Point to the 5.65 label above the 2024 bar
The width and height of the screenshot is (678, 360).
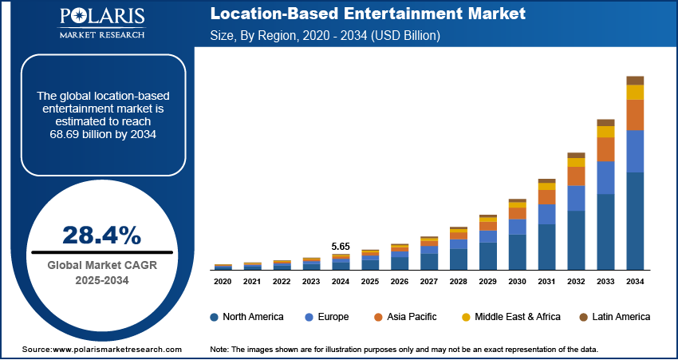point(341,246)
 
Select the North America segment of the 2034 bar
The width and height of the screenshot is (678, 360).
point(635,221)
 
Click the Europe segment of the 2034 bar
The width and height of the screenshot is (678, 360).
point(635,151)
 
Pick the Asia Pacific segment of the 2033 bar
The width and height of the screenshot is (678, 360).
point(606,149)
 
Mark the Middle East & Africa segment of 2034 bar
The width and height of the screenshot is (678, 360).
point(635,93)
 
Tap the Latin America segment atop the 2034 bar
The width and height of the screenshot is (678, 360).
point(635,80)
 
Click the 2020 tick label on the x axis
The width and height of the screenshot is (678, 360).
point(223,282)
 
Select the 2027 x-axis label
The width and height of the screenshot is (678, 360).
point(429,282)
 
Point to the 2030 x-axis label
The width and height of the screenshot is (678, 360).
point(518,282)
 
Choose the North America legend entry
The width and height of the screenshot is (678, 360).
point(246,317)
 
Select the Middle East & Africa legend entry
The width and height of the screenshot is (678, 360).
point(510,317)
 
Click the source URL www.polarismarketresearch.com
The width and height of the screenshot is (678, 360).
point(117,350)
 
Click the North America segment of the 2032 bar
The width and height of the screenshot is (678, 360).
point(576,240)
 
